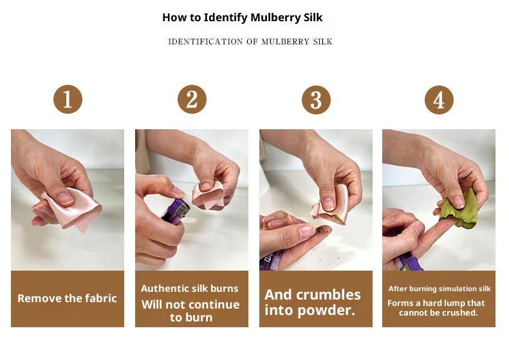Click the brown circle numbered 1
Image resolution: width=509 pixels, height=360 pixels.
click(68, 99)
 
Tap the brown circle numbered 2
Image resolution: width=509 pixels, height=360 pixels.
click(192, 99)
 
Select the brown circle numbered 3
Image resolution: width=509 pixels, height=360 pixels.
click(316, 100)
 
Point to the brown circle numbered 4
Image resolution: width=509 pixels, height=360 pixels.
click(439, 100)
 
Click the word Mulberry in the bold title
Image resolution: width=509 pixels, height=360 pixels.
click(275, 17)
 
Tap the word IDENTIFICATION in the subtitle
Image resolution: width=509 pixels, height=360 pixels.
click(205, 42)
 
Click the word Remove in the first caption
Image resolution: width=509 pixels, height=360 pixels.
click(35, 298)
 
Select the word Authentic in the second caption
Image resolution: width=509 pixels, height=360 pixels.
click(160, 289)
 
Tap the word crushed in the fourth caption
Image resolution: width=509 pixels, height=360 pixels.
click(460, 312)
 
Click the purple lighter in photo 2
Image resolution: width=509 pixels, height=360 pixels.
click(175, 212)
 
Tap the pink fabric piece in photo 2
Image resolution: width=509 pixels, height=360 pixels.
click(208, 195)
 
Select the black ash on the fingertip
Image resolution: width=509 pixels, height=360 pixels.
click(322, 230)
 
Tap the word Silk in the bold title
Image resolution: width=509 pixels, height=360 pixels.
click(313, 17)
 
